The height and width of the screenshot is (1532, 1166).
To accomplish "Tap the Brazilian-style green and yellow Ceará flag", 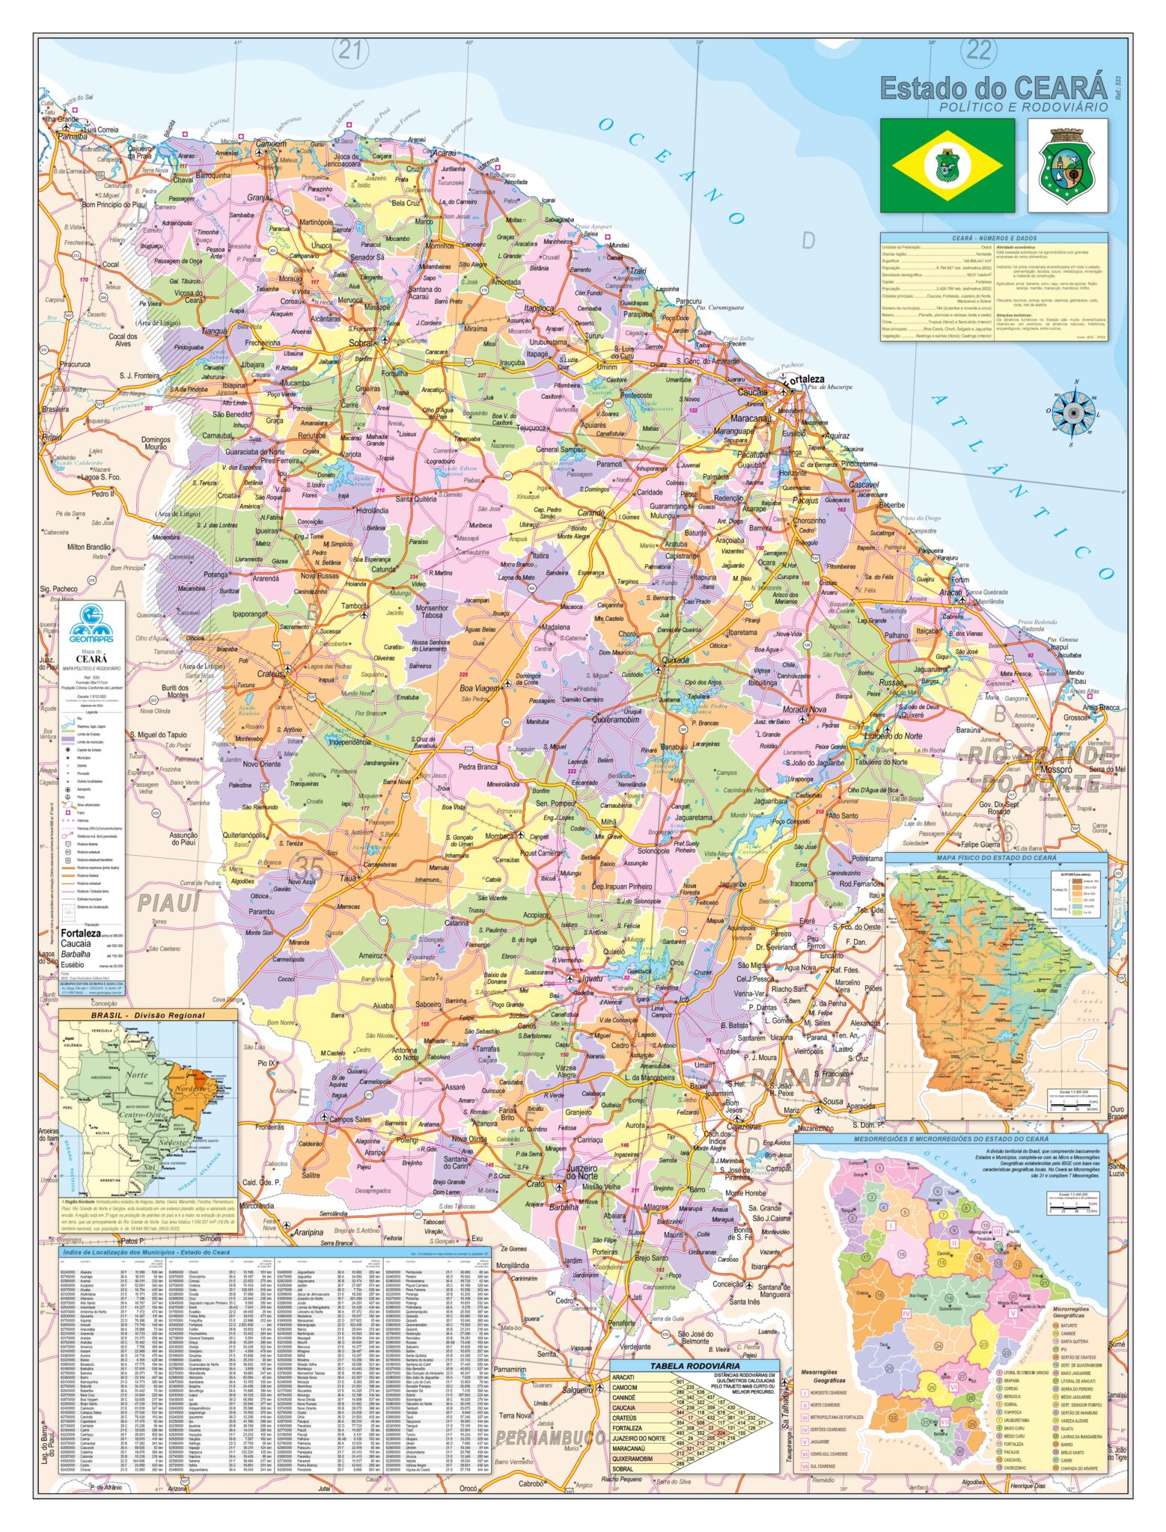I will [947, 165].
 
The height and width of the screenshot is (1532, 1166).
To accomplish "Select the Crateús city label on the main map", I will [270, 674].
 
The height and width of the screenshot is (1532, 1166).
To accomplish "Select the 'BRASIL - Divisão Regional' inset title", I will [148, 1016].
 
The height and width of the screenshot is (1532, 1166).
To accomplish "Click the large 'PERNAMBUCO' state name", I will [550, 1438].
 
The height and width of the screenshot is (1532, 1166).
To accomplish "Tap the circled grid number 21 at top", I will [350, 50].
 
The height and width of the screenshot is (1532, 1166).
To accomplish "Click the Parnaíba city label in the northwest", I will [73, 137].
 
